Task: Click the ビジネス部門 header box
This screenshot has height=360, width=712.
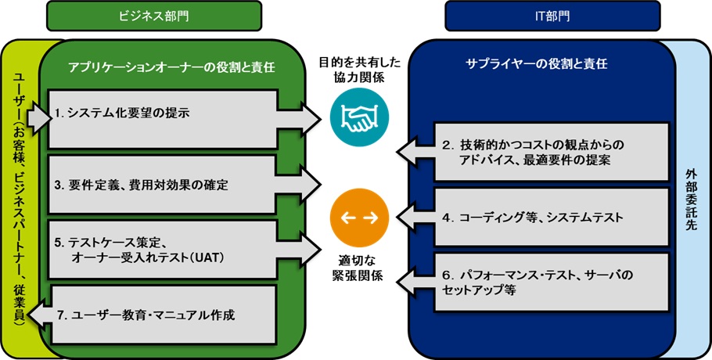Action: click(x=154, y=15)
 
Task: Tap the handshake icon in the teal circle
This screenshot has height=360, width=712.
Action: click(x=359, y=119)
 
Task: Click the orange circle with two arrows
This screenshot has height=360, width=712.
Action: click(x=359, y=216)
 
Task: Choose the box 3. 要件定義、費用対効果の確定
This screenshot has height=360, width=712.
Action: click(x=164, y=185)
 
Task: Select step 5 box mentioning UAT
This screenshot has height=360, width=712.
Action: click(x=164, y=249)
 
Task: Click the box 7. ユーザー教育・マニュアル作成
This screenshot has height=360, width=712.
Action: click(x=164, y=315)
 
